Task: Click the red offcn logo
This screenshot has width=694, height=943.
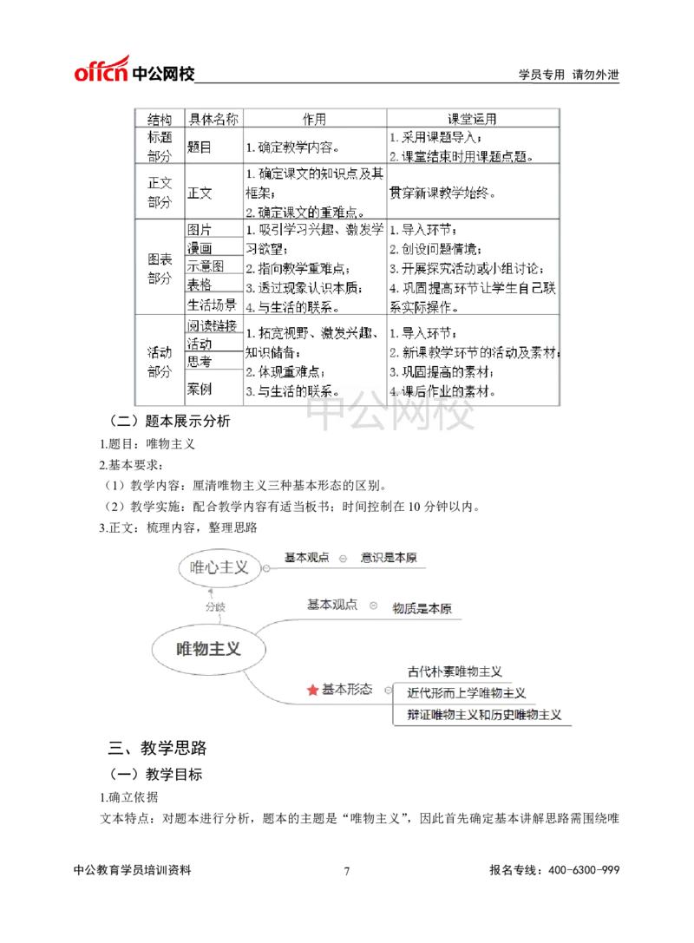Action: coord(101,69)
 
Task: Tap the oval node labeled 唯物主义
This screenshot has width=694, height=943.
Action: coord(209,648)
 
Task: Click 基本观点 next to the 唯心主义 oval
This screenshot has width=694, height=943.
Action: coord(307,557)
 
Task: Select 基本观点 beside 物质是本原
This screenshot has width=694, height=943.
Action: coord(332,605)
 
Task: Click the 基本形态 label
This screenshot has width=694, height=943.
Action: coord(347,690)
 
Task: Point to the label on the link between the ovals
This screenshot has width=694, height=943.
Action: coord(214,606)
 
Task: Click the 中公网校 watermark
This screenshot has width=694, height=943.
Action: coord(391,416)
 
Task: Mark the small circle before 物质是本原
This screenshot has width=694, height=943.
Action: coord(375,606)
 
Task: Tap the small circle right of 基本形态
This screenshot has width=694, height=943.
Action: coord(388,691)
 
